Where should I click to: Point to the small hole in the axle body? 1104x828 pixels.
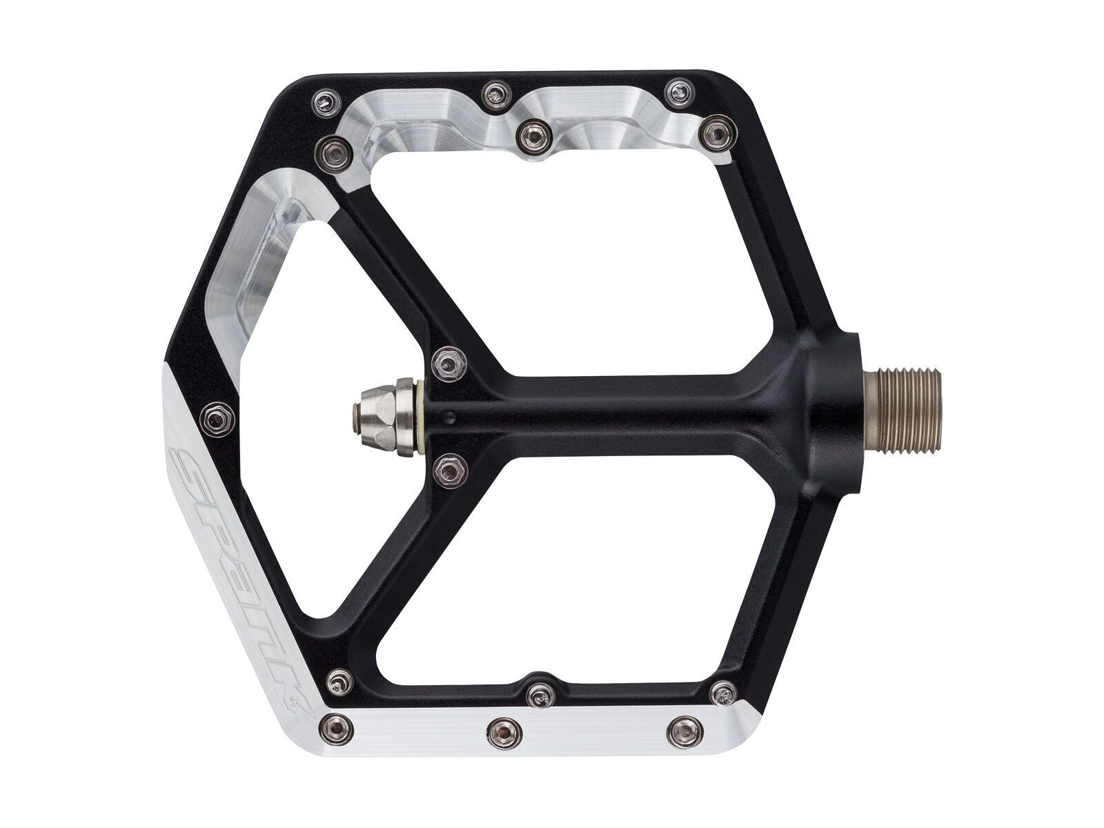pos(450,415)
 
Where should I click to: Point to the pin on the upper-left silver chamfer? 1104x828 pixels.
pos(336,147)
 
